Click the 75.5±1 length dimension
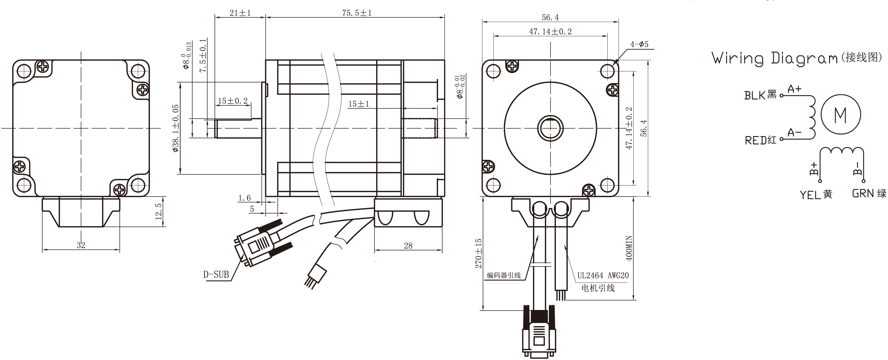[357, 13]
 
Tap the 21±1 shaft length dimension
[240, 13]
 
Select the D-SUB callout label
[216, 275]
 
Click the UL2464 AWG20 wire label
[603, 275]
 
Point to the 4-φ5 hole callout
[640, 44]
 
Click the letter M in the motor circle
[840, 115]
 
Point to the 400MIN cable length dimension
[629, 248]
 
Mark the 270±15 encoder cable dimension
[479, 253]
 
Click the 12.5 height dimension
[158, 211]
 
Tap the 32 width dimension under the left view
[81, 245]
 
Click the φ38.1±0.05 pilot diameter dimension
[176, 128]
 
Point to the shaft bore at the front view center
[551, 128]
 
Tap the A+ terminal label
[794, 89]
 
